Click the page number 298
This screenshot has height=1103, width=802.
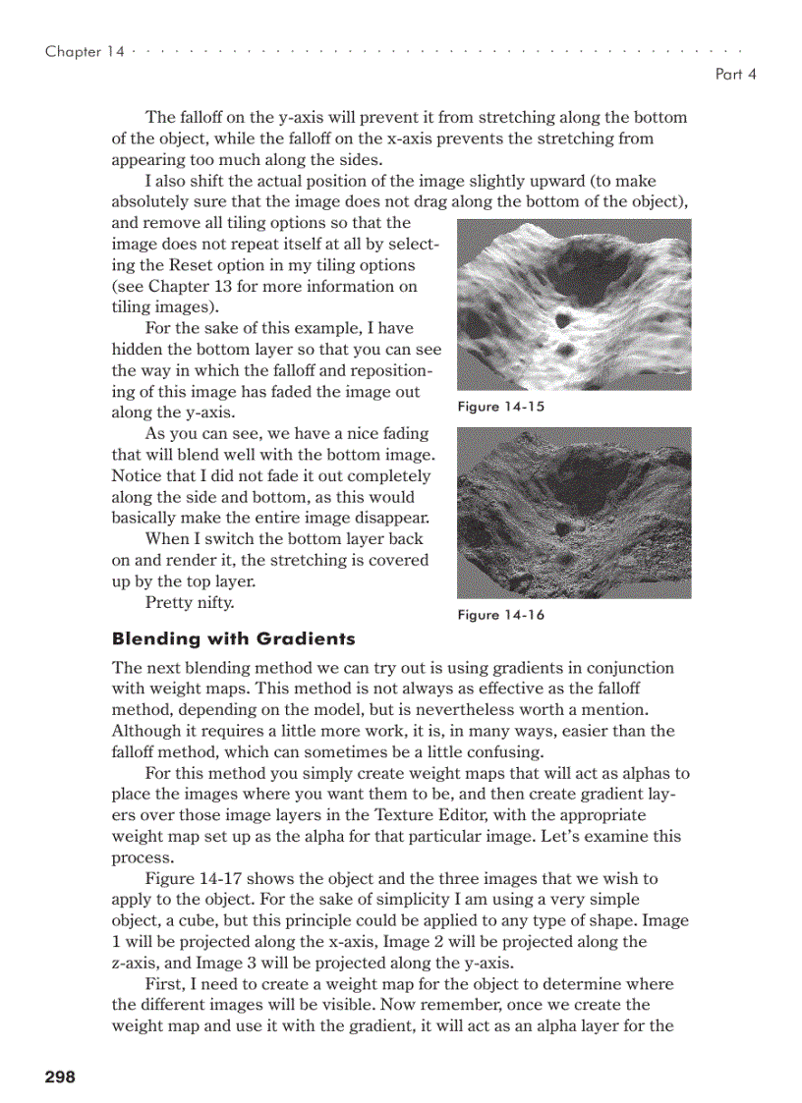[60, 1076]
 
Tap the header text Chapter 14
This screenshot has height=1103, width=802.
[85, 52]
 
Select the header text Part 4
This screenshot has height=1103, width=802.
[735, 74]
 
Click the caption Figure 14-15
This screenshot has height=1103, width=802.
[501, 407]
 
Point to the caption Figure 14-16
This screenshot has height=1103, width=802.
[501, 615]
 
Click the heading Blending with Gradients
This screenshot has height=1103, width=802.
[234, 639]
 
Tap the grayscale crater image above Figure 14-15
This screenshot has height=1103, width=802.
[574, 304]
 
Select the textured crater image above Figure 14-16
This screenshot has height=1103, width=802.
[574, 513]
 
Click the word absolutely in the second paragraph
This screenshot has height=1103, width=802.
[151, 202]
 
